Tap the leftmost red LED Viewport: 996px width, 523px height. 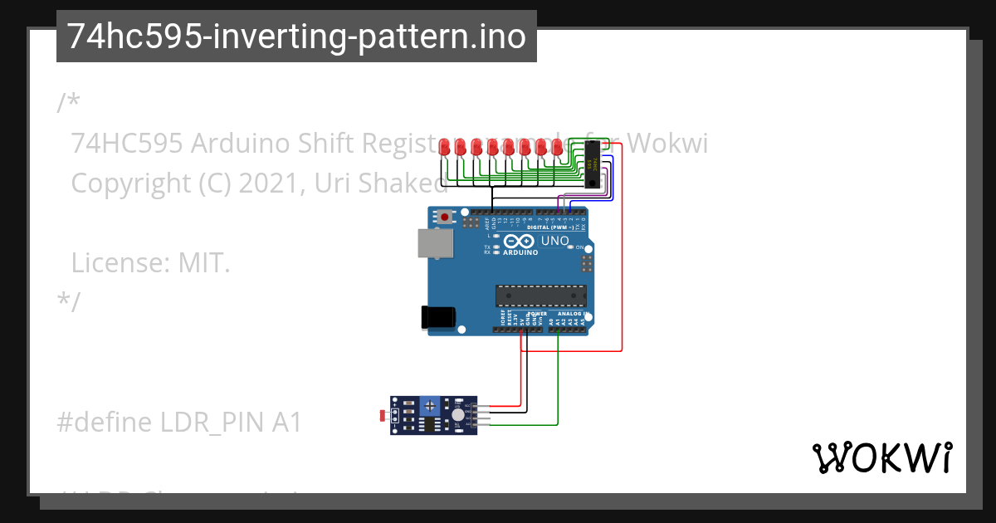pos(445,148)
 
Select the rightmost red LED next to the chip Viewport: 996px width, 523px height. pos(557,148)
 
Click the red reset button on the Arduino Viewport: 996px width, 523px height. pos(446,218)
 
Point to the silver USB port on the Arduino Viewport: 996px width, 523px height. pos(431,243)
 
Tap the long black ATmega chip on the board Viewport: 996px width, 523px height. pos(541,296)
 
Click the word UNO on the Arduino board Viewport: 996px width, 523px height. pos(555,242)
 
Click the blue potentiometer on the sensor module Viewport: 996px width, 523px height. pos(429,405)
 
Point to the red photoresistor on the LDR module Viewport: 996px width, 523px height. pos(382,413)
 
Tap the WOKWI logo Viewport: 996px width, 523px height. pos(881,458)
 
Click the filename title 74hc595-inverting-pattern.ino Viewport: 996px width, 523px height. pos(296,37)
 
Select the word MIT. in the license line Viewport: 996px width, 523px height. pos(203,264)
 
